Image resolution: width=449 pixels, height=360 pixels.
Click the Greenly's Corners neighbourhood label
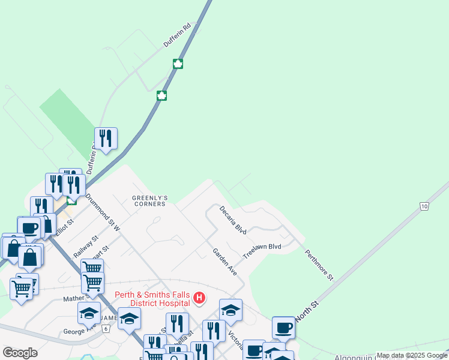pyautogui.click(x=149, y=200)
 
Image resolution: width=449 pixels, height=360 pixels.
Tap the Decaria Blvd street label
pyautogui.click(x=233, y=220)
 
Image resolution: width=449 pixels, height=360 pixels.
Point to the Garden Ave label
pyautogui.click(x=224, y=262)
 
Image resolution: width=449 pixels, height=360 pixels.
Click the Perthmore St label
pyautogui.click(x=318, y=265)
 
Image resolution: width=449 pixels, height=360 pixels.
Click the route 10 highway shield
pyautogui.click(x=424, y=206)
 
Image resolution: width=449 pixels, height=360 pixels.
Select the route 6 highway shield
pyautogui.click(x=106, y=329)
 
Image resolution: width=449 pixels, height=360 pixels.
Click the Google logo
pyautogui.click(x=20, y=353)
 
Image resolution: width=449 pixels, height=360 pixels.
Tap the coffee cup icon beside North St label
pyautogui.click(x=283, y=328)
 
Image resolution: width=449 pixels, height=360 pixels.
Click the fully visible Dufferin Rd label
pyautogui.click(x=177, y=36)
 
